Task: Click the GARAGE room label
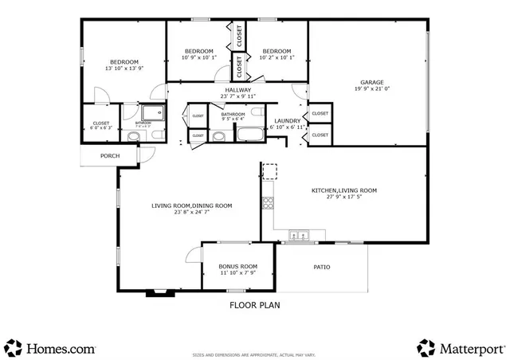point(372,82)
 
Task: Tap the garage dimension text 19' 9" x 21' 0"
point(372,89)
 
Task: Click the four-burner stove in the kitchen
point(269,201)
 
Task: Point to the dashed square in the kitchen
point(270,171)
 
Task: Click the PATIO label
point(321,267)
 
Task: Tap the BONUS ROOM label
point(238,266)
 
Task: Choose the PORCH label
point(110,155)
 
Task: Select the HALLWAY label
point(237,90)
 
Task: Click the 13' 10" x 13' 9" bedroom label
point(124,62)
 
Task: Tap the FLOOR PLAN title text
point(254,304)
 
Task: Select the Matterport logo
point(460,348)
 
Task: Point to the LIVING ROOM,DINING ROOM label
point(192,205)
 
